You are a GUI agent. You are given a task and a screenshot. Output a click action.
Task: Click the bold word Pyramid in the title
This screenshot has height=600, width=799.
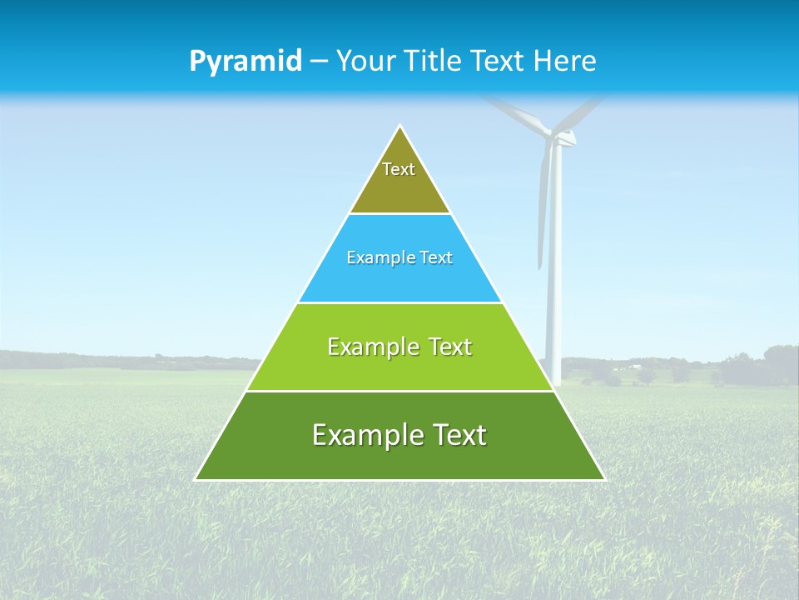(x=246, y=62)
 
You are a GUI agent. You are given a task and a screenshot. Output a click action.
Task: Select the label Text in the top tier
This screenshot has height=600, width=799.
(x=399, y=169)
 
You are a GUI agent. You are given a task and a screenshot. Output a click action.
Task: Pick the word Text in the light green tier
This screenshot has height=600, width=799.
(x=450, y=347)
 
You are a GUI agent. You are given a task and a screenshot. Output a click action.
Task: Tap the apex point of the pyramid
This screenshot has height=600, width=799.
(x=400, y=127)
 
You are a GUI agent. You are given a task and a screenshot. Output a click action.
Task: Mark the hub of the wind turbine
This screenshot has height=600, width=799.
(x=556, y=136)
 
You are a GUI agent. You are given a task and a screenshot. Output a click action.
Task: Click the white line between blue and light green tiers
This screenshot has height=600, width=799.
(x=399, y=302)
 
